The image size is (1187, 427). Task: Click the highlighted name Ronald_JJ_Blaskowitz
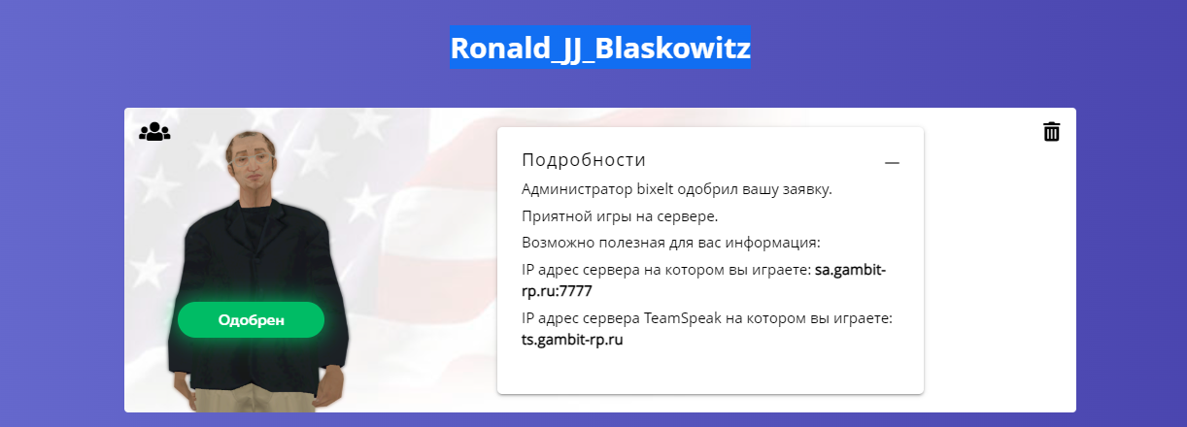coord(600,48)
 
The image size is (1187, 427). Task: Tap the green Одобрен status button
coord(252,319)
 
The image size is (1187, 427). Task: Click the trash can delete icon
coord(1051,132)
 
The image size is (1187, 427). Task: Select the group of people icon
coord(154,131)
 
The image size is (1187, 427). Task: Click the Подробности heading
coord(584,160)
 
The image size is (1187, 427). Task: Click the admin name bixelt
coord(655,189)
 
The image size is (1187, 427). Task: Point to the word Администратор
coord(577,189)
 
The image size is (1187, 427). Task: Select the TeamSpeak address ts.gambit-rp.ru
coord(572,339)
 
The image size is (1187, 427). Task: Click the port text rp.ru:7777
coord(557,291)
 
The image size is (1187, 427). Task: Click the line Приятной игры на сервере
coord(620,216)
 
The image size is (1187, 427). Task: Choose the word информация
coord(772,243)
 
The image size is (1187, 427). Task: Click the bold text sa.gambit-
coord(850,270)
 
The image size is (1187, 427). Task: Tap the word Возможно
coord(558,243)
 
